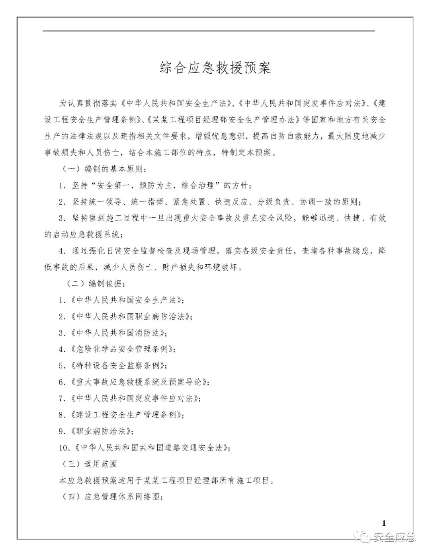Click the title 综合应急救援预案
coord(215,68)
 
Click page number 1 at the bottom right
coord(384,523)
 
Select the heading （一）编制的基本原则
coord(105,169)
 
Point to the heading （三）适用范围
coord(90,464)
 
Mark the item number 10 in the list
coord(64,448)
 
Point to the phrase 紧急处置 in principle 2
coord(189,202)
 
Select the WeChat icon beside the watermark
coord(365,538)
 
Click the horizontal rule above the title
coord(209,31)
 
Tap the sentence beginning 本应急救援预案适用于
coord(167,480)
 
